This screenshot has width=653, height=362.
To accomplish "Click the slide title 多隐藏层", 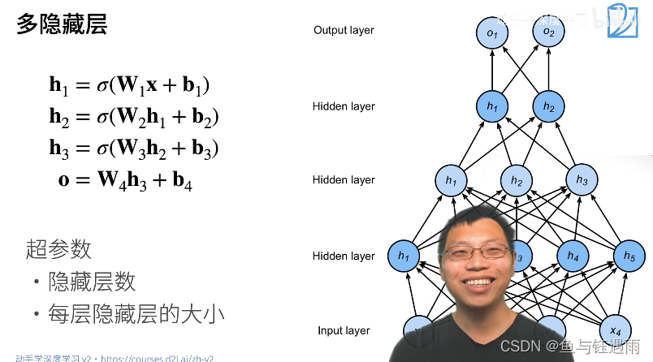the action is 62,24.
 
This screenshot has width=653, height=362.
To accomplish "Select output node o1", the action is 492,33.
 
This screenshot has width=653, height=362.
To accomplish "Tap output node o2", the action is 549,33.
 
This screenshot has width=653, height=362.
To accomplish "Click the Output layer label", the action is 344,30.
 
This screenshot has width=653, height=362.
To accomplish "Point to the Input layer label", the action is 344,330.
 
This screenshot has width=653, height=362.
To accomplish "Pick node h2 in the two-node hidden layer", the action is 549,106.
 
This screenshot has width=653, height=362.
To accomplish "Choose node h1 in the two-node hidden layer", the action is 492,106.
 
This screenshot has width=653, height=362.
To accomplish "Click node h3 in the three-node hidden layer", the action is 582,179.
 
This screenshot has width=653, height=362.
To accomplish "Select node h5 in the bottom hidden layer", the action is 629,256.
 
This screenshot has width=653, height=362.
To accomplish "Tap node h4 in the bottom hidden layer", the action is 573,256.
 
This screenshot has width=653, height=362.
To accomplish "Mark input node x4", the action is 615,330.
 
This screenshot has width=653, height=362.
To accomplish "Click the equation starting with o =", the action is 125,179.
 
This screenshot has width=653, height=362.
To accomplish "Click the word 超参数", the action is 58,248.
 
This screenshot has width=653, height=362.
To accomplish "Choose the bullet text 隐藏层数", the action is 92,282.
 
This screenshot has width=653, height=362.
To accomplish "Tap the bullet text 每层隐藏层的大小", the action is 136,313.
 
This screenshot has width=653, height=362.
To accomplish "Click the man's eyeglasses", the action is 477,252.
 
